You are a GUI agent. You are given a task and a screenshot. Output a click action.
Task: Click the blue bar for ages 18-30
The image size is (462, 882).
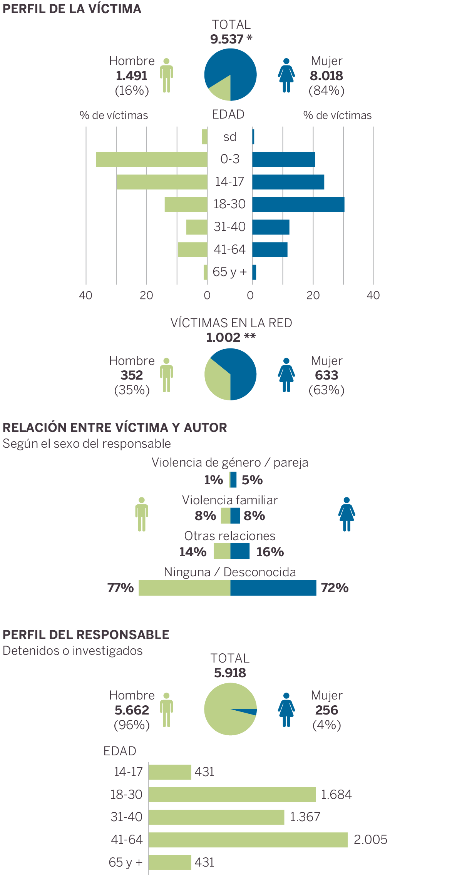pyautogui.click(x=298, y=204)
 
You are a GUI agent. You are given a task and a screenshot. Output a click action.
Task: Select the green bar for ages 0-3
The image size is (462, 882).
pyautogui.click(x=152, y=159)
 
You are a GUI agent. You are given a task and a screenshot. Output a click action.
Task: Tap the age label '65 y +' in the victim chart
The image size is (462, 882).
pyautogui.click(x=229, y=272)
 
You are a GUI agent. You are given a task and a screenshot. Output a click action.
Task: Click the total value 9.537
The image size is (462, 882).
pyautogui.click(x=227, y=39)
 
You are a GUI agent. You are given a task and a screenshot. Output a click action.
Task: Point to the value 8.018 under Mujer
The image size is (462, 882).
pyautogui.click(x=326, y=76)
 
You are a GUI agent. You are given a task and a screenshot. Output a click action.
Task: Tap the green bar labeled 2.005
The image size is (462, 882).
pyautogui.click(x=248, y=840)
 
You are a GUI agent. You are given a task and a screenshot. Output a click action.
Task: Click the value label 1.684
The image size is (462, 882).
pyautogui.click(x=336, y=795)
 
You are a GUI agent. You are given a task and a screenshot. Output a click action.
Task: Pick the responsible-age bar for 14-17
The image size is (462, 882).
pyautogui.click(x=170, y=772)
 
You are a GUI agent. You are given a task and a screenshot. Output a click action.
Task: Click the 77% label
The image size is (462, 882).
pyautogui.click(x=121, y=588)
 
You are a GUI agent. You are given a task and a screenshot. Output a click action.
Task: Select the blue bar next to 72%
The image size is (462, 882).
pyautogui.click(x=273, y=588)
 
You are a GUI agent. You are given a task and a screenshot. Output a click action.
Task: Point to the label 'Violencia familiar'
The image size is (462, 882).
pyautogui.click(x=230, y=500)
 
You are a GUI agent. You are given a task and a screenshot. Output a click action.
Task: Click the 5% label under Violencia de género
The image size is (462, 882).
pyautogui.click(x=252, y=480)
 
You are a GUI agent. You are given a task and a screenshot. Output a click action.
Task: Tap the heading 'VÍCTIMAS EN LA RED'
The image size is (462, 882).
pyautogui.click(x=231, y=323)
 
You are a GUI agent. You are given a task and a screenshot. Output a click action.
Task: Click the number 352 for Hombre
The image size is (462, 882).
pyautogui.click(x=132, y=375)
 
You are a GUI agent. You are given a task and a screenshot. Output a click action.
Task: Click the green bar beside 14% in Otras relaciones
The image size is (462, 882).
pyautogui.click(x=222, y=551)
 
